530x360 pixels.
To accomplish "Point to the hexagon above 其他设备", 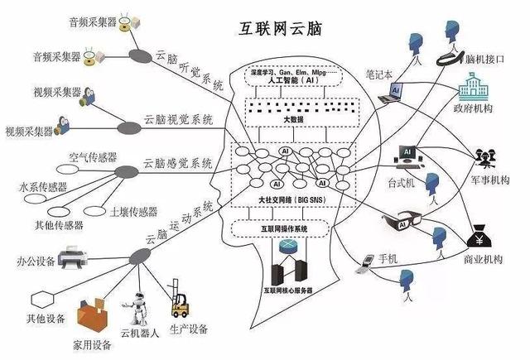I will [x=41, y=297].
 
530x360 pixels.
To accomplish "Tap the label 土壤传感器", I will [x=133, y=211].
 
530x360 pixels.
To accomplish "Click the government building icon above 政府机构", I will [x=470, y=88].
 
